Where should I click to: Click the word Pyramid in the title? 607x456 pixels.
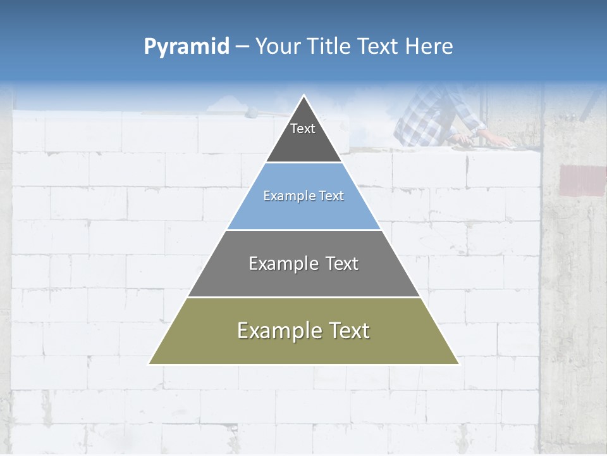[187, 47]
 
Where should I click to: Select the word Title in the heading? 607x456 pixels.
[329, 47]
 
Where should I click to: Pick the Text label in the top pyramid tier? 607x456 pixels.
[303, 129]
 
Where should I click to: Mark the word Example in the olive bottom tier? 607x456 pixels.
[276, 331]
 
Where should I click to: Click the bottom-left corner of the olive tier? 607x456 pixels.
[150, 364]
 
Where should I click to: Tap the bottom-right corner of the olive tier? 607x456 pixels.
[458, 364]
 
